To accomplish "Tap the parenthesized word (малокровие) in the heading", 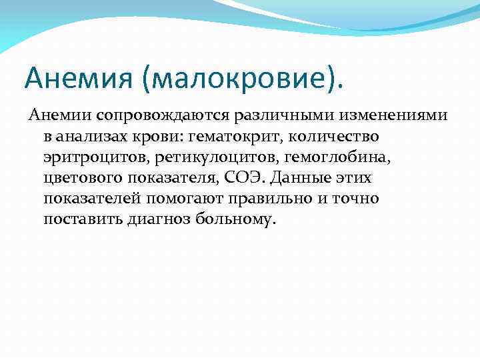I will point(242,80).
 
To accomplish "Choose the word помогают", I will point(180,199).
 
